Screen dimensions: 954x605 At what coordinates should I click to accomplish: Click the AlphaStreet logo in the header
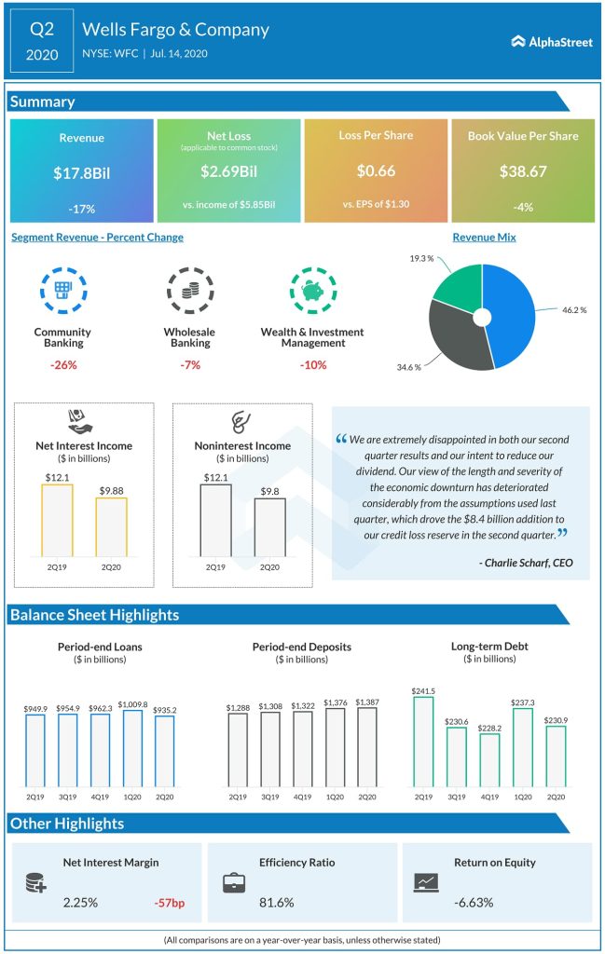(x=552, y=42)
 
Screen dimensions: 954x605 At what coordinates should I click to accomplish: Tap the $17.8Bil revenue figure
(x=81, y=172)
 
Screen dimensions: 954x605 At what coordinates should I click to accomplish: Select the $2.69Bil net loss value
(x=228, y=171)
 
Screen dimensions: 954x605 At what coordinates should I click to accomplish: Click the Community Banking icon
(x=62, y=292)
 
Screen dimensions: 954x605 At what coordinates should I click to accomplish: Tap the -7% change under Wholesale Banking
(x=189, y=364)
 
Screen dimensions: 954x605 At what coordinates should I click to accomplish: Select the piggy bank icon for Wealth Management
(x=312, y=292)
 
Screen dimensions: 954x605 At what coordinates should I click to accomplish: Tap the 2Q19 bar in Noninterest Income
(x=216, y=520)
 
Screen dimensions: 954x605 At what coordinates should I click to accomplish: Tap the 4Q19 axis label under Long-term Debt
(x=488, y=797)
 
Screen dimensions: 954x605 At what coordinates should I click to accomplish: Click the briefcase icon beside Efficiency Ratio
(x=235, y=882)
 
